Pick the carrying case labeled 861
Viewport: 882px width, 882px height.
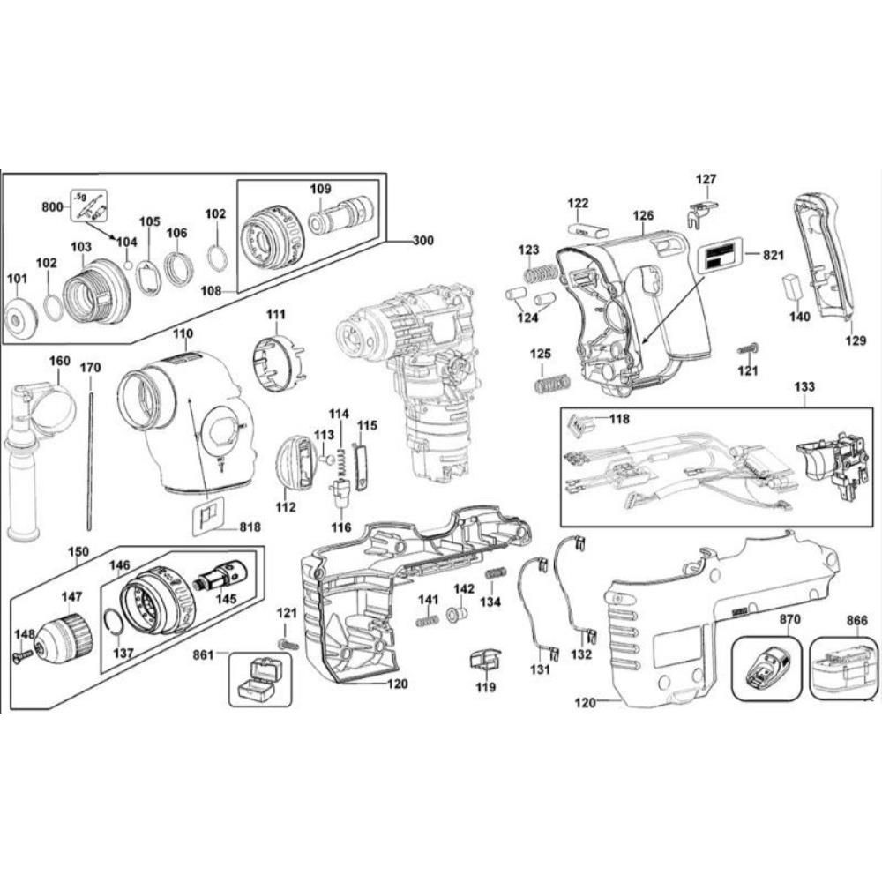pyautogui.click(x=260, y=678)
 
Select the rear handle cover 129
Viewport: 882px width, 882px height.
pyautogui.click(x=826, y=256)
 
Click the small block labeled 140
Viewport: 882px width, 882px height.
pyautogui.click(x=791, y=287)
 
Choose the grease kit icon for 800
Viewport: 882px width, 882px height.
pyautogui.click(x=88, y=206)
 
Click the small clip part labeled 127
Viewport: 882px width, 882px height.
pyautogui.click(x=700, y=212)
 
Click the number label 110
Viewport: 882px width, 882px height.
pyautogui.click(x=183, y=334)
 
